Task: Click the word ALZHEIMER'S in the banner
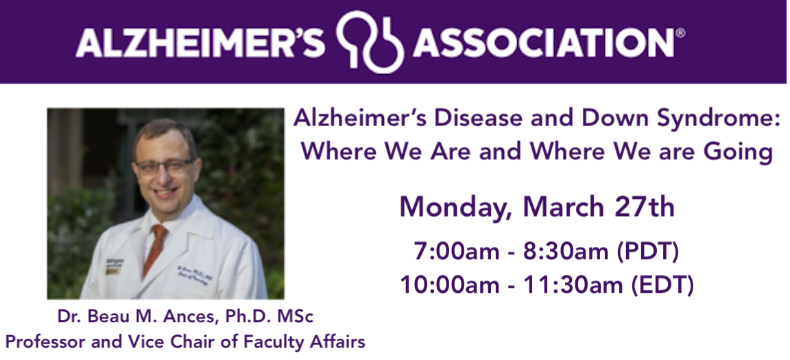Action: pyautogui.click(x=200, y=42)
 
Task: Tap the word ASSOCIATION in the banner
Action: pyautogui.click(x=543, y=42)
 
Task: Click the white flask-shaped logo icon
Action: pyautogui.click(x=370, y=42)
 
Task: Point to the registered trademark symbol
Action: pyautogui.click(x=680, y=33)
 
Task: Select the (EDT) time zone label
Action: pyautogui.click(x=662, y=285)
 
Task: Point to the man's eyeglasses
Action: pyautogui.click(x=165, y=166)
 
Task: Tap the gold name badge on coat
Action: pyautogui.click(x=112, y=270)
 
